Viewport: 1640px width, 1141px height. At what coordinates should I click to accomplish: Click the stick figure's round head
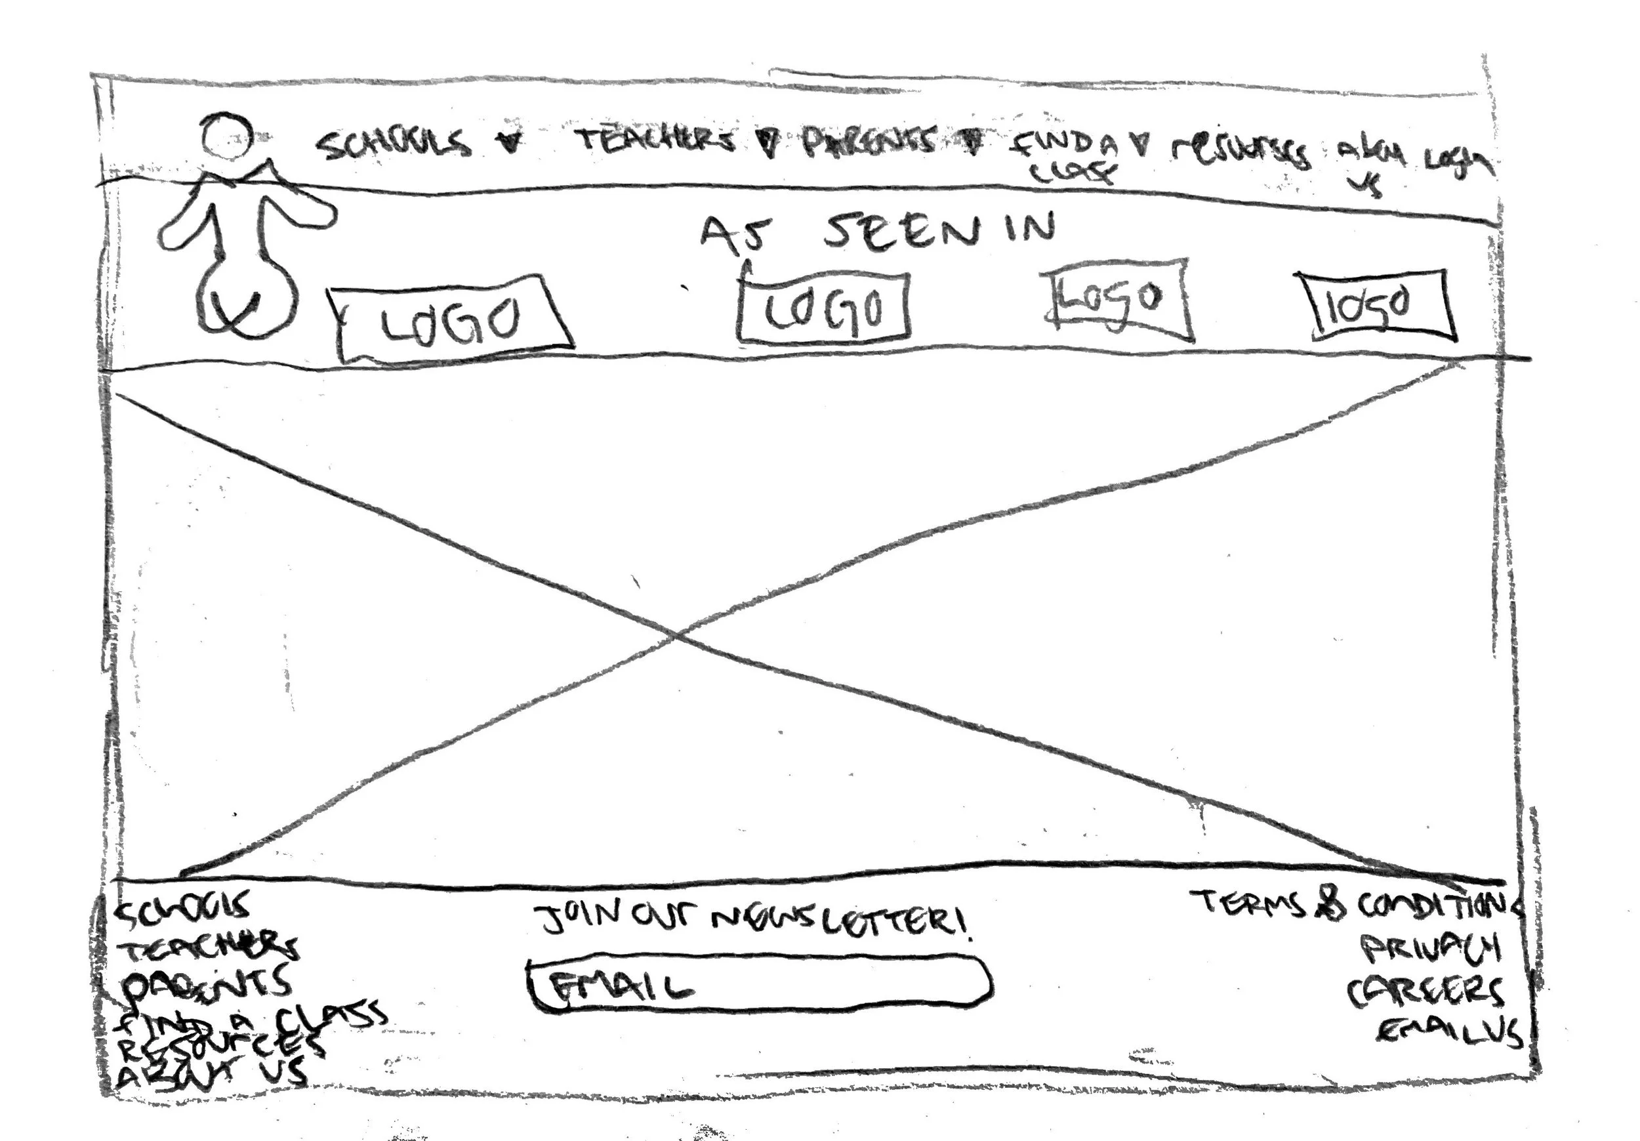(226, 136)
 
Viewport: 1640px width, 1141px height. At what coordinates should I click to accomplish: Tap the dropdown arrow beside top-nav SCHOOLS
(509, 143)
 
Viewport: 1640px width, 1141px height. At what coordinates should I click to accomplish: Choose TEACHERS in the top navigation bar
(656, 141)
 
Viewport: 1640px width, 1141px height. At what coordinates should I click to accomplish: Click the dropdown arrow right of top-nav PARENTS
(972, 142)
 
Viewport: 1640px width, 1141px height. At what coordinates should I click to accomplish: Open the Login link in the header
(1457, 163)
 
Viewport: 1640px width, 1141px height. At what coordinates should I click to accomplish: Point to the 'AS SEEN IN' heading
(877, 232)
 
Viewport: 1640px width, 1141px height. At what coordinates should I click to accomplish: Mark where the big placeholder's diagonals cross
(677, 633)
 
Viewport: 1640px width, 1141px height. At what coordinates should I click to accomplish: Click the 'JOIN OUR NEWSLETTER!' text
(754, 921)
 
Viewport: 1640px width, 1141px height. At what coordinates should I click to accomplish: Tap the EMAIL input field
(759, 985)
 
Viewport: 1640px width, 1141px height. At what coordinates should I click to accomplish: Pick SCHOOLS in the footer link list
(184, 908)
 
